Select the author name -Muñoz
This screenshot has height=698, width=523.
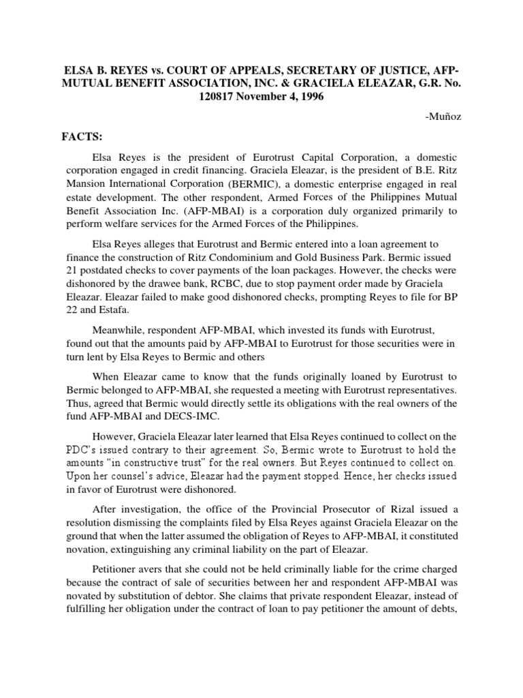click(x=441, y=117)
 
